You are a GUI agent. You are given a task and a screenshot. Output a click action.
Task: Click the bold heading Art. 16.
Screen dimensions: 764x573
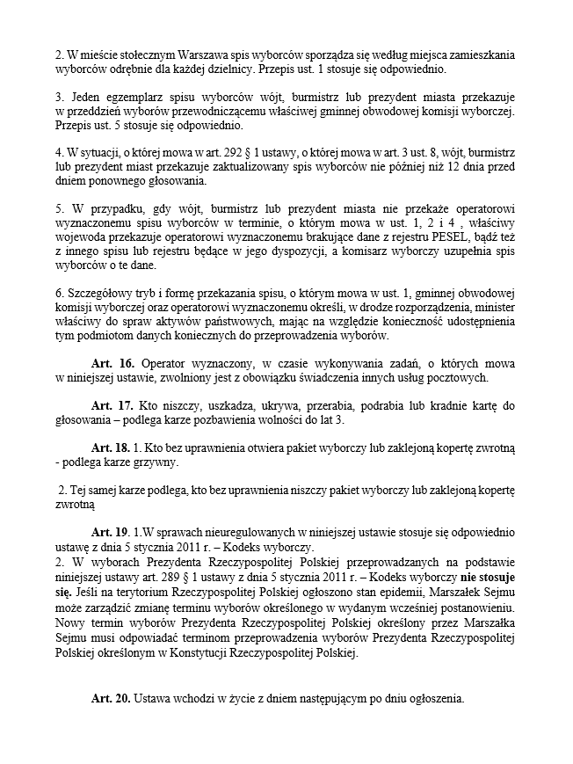pyautogui.click(x=112, y=363)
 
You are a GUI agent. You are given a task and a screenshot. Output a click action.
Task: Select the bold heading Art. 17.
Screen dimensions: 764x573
pyautogui.click(x=112, y=405)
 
